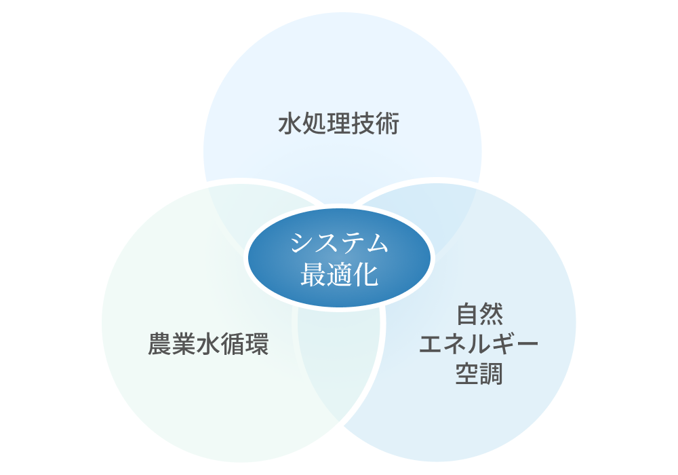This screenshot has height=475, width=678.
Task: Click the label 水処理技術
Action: [x=339, y=125]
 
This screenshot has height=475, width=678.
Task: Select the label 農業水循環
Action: [x=209, y=345]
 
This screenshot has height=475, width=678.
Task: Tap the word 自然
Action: [x=479, y=315]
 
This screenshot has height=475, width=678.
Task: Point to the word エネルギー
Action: [x=479, y=345]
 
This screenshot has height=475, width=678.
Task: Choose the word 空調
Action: [x=479, y=374]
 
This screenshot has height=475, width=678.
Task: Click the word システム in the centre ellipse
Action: [x=339, y=244]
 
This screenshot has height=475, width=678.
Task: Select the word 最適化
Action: [x=339, y=273]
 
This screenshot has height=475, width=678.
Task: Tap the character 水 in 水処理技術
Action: [x=290, y=125]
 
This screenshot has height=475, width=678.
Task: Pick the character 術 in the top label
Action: [x=388, y=125]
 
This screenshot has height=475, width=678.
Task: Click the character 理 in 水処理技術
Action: [x=339, y=125]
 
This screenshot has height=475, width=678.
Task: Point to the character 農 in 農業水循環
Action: [x=160, y=345]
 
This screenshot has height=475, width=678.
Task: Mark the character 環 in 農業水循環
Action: [x=258, y=345]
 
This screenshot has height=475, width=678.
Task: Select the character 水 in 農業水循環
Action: [x=209, y=345]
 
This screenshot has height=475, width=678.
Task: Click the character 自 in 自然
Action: [x=467, y=315]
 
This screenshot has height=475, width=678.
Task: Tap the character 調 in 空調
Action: [x=492, y=374]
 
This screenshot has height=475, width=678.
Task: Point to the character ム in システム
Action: [x=376, y=244]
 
